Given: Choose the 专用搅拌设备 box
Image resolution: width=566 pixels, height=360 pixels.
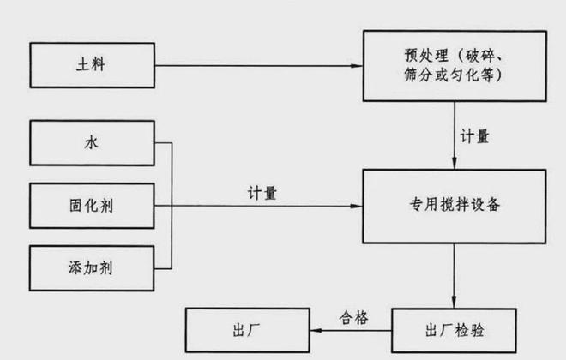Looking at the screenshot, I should click(x=454, y=207).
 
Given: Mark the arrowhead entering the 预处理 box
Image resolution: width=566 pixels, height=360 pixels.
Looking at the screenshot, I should click(x=358, y=64).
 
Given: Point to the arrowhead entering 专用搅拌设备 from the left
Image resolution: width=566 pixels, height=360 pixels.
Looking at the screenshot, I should click(x=358, y=207).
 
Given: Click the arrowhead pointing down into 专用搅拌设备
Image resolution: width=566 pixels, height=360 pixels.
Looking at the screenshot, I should click(x=454, y=164).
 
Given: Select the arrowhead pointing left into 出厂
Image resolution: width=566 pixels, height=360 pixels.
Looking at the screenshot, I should click(x=313, y=329).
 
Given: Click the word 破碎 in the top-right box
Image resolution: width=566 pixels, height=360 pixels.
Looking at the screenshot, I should click(x=497, y=56).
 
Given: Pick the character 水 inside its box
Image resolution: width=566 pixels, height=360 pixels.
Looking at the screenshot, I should click(x=92, y=143).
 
